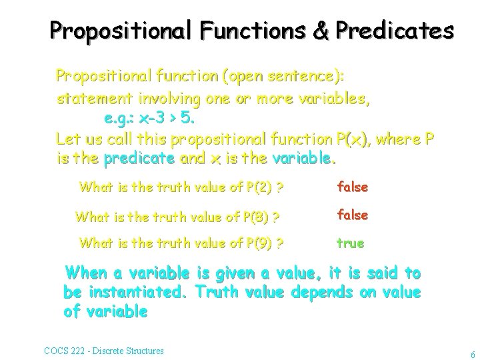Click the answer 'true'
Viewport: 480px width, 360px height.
[x=351, y=243]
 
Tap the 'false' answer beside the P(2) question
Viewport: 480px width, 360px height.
[x=353, y=187]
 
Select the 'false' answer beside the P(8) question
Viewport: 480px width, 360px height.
[x=353, y=215]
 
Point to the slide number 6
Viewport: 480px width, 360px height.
[x=472, y=354]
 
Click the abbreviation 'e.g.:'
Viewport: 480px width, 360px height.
[x=122, y=119]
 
